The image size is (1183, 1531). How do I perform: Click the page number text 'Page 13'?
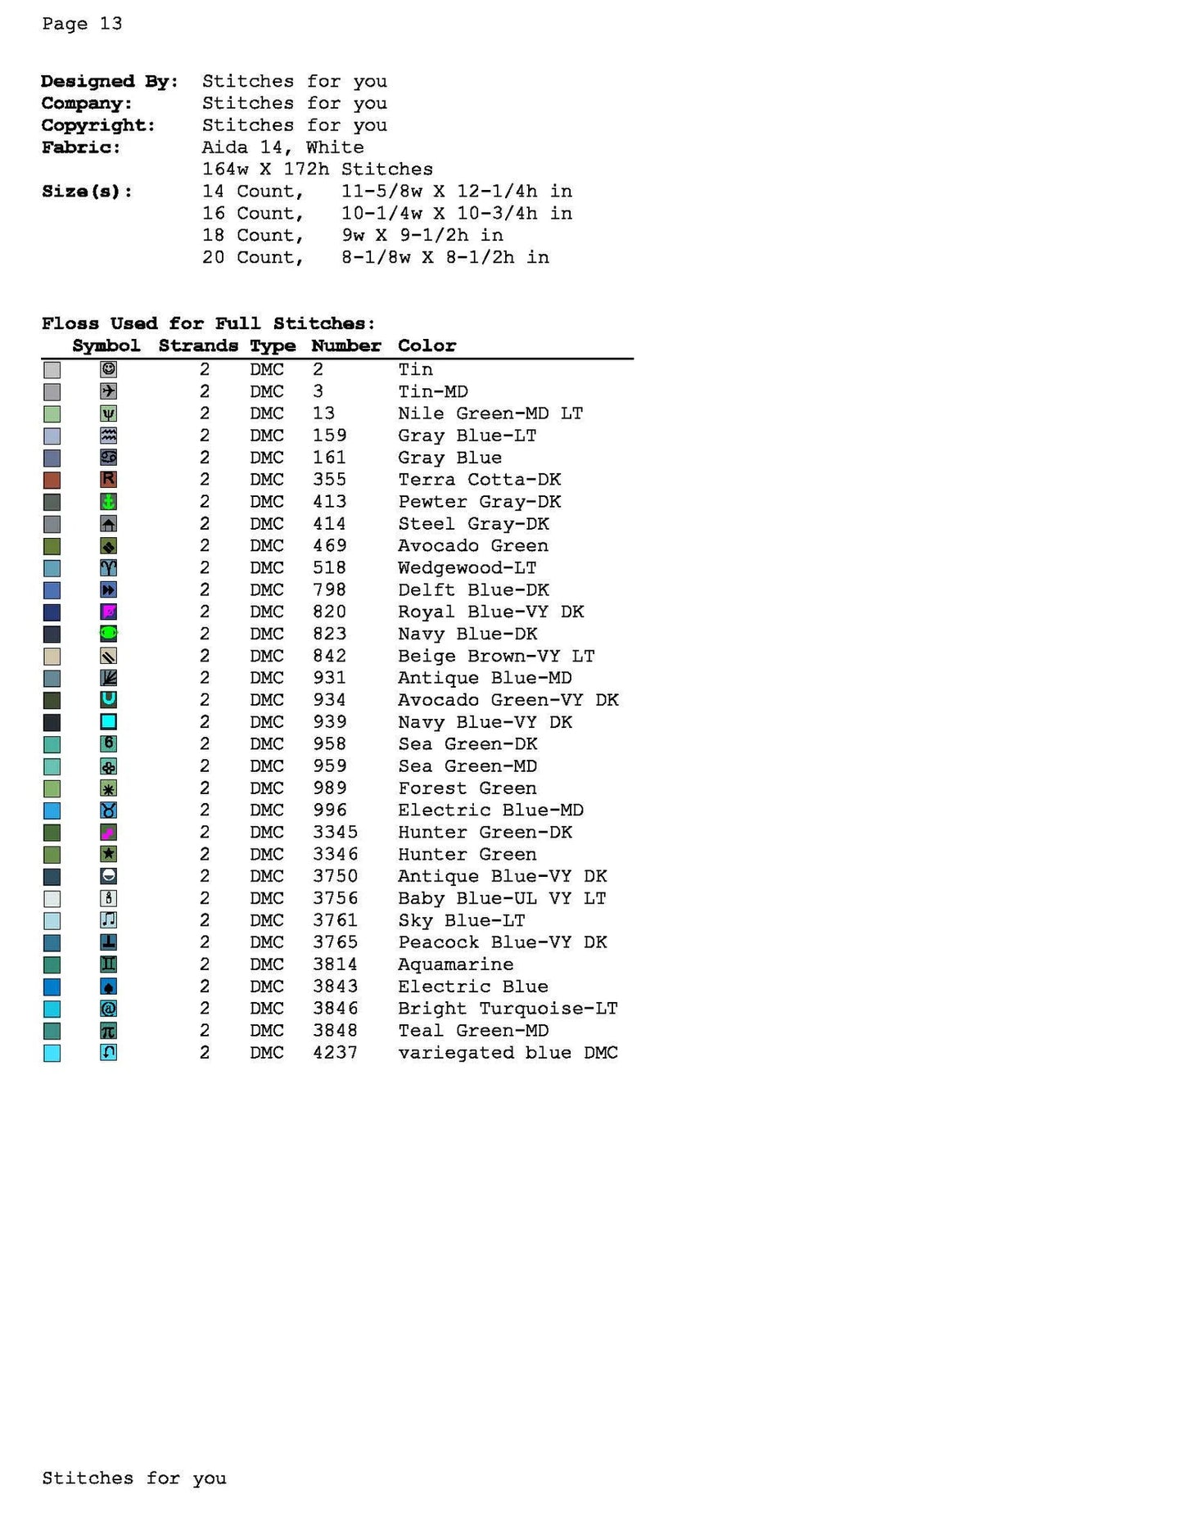(82, 24)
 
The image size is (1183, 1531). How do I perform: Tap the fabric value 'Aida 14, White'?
(282, 147)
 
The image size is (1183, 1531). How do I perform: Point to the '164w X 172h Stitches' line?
(317, 169)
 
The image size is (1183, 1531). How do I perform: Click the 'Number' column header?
(345, 345)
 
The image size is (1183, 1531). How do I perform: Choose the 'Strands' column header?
(198, 345)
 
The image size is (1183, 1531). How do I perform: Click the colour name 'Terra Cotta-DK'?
(479, 480)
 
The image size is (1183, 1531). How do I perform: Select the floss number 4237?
(335, 1053)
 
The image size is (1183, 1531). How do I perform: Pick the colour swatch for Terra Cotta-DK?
(52, 481)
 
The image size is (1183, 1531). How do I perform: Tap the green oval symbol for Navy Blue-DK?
(108, 634)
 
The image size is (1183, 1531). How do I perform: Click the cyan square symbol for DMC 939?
(108, 722)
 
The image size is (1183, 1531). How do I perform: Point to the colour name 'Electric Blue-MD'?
(490, 811)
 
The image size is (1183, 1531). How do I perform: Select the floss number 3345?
(335, 833)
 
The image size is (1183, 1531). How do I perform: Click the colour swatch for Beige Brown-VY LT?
(52, 657)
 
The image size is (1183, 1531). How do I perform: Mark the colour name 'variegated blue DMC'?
(508, 1053)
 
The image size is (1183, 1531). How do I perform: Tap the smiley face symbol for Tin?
(108, 369)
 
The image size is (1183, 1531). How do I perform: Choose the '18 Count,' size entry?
(253, 236)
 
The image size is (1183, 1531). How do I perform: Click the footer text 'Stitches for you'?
(134, 1479)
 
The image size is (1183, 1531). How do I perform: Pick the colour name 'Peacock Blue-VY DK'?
(502, 942)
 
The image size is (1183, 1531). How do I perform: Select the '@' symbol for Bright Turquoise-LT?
(108, 1009)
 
